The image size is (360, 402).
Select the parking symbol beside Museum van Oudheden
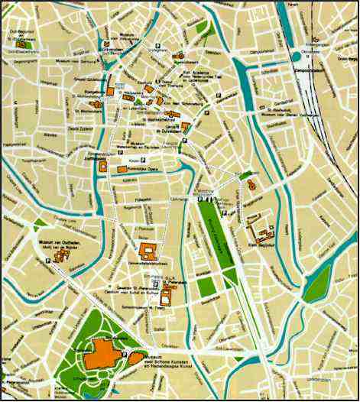[48, 261]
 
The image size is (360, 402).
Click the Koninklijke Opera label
[143, 169]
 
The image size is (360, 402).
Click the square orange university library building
[147, 250]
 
